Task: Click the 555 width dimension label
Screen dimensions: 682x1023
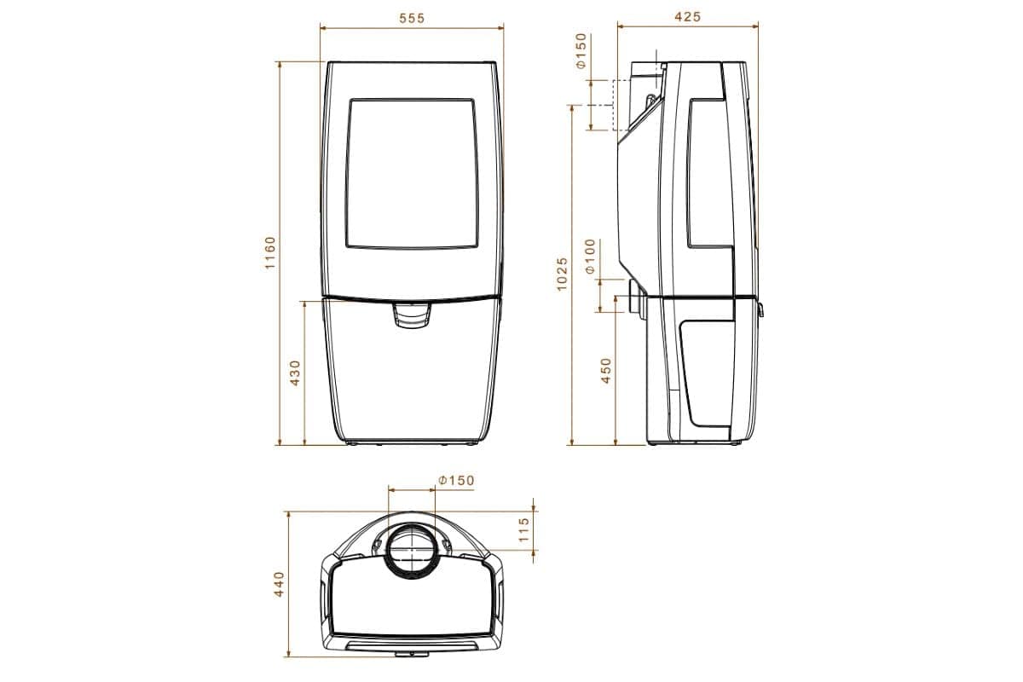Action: point(411,18)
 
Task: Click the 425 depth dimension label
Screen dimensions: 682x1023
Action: point(687,16)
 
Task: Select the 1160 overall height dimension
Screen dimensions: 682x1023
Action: point(270,253)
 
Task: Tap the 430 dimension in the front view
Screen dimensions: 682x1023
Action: point(296,373)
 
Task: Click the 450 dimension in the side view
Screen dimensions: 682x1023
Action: point(607,370)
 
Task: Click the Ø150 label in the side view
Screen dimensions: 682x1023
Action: point(581,50)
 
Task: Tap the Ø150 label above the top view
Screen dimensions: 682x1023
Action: point(456,481)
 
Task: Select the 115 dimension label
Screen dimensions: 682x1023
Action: point(524,530)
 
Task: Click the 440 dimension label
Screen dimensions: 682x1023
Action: point(279,584)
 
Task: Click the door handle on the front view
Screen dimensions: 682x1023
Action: point(411,316)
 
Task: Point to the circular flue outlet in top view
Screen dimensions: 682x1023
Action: point(412,550)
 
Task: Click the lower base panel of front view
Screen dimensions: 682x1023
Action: point(411,384)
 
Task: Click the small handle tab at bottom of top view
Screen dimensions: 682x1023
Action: point(412,653)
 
